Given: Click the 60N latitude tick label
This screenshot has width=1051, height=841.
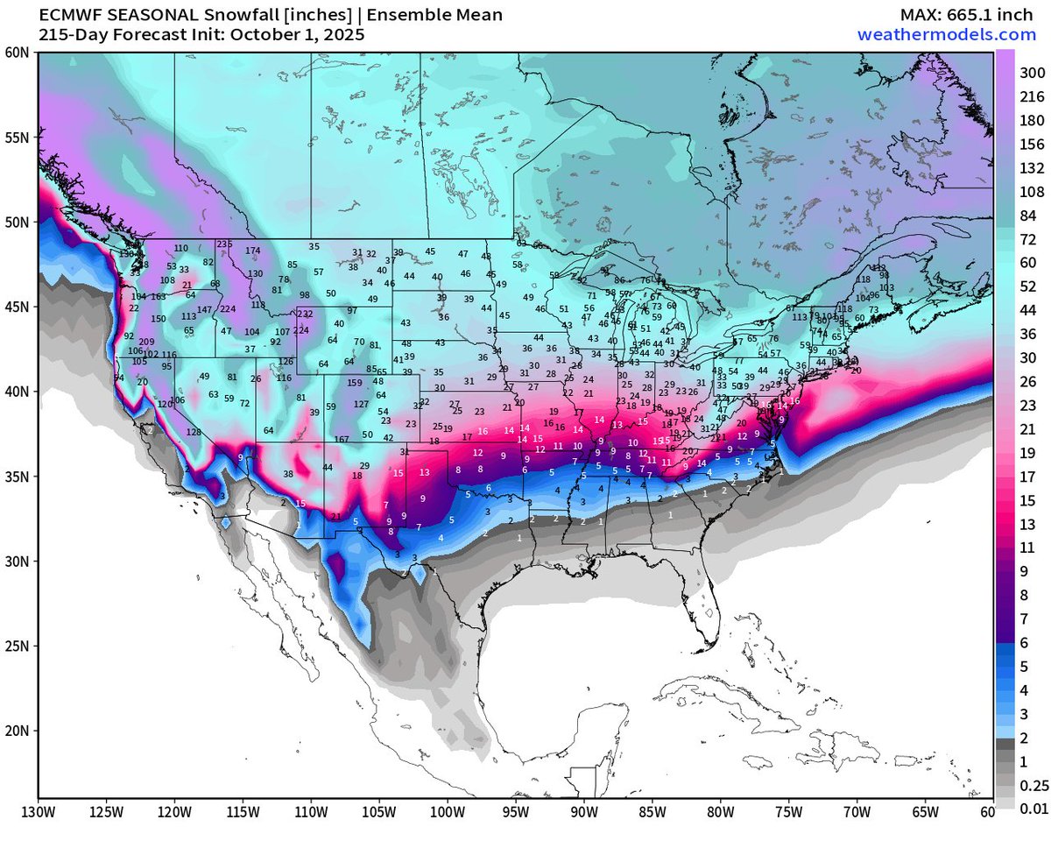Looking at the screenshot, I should click(17, 53).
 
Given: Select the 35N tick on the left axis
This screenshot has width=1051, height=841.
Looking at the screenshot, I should click(17, 477).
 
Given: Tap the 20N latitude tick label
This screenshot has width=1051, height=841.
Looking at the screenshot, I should click(17, 731).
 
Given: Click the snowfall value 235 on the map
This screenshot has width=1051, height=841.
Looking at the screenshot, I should click(225, 244).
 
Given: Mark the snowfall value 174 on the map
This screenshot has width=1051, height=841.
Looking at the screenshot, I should click(253, 251).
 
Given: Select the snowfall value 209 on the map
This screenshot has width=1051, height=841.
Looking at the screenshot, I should click(146, 343).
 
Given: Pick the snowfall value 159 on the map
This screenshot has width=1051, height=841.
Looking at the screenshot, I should click(355, 383).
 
